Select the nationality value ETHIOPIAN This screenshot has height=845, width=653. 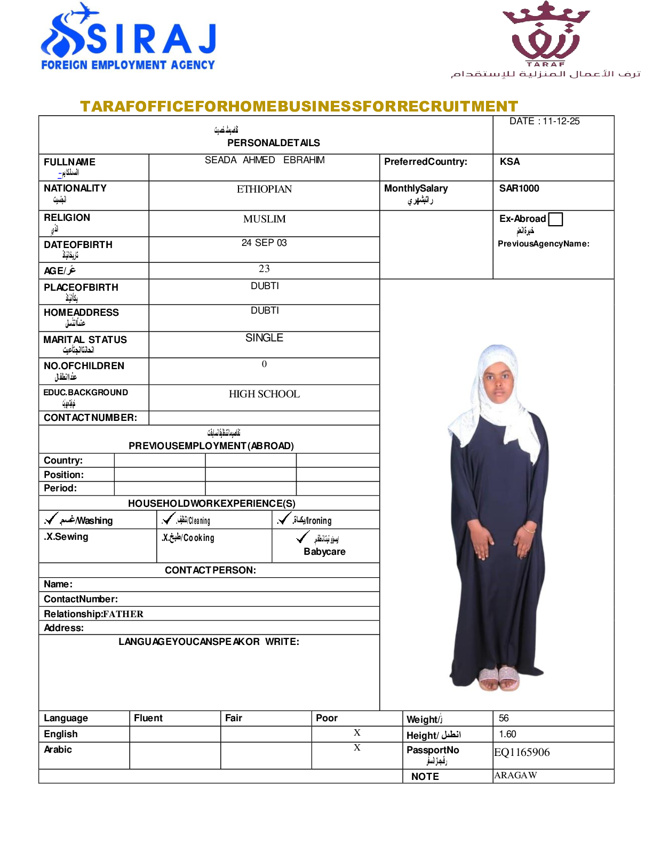(264, 189)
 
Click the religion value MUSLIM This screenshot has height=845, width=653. (264, 219)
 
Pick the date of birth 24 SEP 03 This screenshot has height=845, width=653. (264, 243)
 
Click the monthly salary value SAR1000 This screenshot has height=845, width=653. (519, 188)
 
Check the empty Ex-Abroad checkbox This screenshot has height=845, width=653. (555, 219)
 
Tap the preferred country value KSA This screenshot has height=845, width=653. (509, 162)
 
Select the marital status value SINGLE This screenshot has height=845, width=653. (264, 338)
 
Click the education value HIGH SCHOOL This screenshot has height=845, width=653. (264, 394)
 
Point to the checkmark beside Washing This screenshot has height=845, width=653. (51, 519)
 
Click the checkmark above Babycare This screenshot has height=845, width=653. (302, 537)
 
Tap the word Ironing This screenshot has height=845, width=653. (319, 521)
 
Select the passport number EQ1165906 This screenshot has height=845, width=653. (522, 752)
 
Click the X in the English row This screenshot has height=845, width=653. (357, 733)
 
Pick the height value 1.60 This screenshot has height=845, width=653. (507, 734)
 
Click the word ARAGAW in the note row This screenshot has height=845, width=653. (515, 775)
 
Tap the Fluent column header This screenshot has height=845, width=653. (148, 718)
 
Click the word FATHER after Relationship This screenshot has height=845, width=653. (123, 614)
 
